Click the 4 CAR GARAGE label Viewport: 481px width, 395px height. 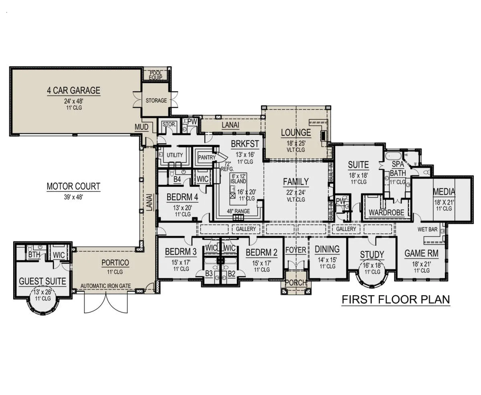(x=73, y=90)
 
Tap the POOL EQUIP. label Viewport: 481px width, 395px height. (x=156, y=75)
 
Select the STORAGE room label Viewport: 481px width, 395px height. (x=156, y=100)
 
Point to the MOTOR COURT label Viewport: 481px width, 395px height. (x=73, y=186)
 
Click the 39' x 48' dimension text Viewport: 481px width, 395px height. (x=73, y=197)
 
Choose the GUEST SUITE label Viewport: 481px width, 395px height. (x=42, y=282)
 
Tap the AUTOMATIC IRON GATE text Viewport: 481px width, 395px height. (x=105, y=286)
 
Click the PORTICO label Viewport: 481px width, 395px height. (x=115, y=263)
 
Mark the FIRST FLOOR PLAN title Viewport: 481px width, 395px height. (x=396, y=300)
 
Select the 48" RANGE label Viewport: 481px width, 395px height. (x=238, y=211)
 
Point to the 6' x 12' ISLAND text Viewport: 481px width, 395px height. (x=238, y=179)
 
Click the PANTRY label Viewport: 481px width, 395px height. (x=207, y=158)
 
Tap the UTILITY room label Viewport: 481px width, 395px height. (x=175, y=155)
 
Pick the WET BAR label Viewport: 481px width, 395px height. (x=427, y=229)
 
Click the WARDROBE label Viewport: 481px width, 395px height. (x=386, y=213)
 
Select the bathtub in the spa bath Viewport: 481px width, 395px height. (x=393, y=156)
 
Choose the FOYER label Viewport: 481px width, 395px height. (x=295, y=250)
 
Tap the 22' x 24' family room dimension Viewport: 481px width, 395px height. (x=296, y=192)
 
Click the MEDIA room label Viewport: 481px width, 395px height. (x=444, y=192)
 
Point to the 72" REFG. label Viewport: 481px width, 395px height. (x=227, y=166)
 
